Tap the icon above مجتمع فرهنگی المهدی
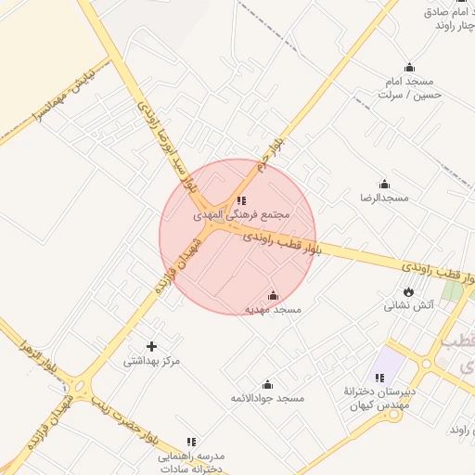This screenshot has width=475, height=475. coord(241,199)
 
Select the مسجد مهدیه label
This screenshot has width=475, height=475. coord(273,309)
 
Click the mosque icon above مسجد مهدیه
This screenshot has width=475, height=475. coord(272,295)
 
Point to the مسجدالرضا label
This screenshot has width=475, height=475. coord(384,199)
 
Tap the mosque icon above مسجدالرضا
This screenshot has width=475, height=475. coord(384,185)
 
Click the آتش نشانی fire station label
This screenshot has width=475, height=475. coord(409,305)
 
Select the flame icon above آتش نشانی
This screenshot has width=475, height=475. coord(409,291)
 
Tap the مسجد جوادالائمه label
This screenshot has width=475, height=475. coord(267,398)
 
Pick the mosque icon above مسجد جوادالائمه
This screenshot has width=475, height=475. coord(267,384)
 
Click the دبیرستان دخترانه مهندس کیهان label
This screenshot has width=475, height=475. coord(379,398)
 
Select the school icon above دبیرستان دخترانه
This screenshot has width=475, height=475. coord(379,378)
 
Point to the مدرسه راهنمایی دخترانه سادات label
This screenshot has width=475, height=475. coord(191,463)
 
